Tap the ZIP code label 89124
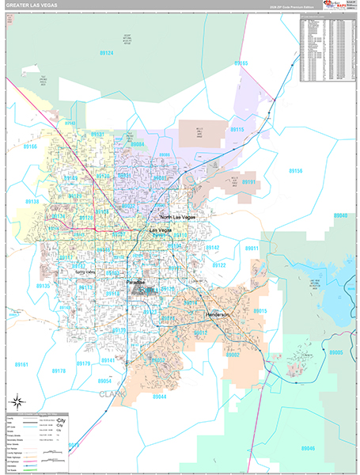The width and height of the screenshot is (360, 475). (106, 53)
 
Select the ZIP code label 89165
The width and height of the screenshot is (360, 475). (241, 63)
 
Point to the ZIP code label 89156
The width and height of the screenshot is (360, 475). (295, 170)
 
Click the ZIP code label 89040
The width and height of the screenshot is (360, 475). (341, 215)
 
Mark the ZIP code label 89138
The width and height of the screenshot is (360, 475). (32, 201)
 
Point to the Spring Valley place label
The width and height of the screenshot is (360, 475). (86, 272)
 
